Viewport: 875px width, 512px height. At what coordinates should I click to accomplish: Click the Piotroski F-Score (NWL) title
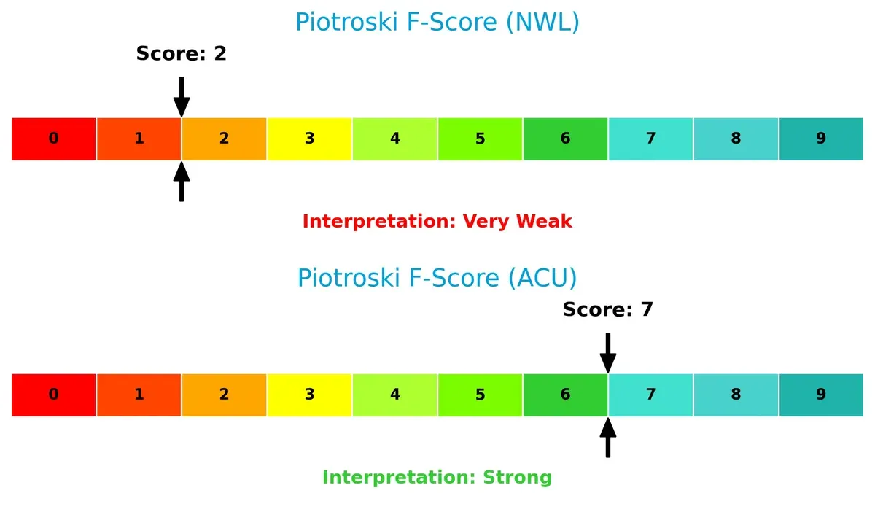[437, 22]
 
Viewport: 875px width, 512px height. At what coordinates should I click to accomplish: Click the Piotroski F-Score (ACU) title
[437, 278]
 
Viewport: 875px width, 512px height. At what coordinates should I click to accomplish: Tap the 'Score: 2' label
[181, 53]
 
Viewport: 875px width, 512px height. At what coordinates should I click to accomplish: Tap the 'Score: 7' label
[607, 309]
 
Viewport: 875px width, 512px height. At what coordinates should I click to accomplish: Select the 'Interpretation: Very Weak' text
[437, 221]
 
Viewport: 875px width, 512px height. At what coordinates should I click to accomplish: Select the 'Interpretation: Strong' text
[437, 477]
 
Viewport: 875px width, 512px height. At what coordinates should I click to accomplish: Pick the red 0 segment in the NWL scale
[54, 139]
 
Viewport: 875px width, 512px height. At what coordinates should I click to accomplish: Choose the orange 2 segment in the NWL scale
[225, 139]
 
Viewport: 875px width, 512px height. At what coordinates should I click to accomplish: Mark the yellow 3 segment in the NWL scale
[310, 139]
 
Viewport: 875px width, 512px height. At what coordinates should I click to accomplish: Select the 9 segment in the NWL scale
[821, 139]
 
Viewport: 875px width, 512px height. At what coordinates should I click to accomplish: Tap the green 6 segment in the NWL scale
[565, 139]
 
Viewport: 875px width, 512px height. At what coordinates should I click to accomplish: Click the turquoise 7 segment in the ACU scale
[650, 395]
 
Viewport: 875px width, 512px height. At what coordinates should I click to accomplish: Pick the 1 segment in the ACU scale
[139, 395]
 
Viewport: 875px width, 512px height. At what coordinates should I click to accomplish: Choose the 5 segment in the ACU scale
[480, 395]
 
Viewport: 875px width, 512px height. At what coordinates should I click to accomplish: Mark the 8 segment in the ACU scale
[736, 395]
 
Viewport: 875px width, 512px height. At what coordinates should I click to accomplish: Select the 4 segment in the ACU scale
[395, 395]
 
